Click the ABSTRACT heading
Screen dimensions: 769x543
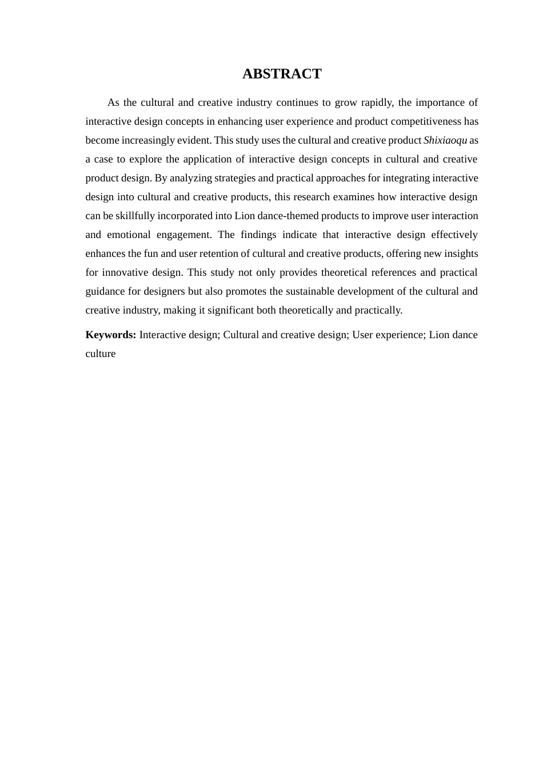[282, 74]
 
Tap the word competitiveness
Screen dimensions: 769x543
[426, 121]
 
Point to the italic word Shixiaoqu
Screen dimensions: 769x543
[445, 140]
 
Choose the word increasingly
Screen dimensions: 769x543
[148, 140]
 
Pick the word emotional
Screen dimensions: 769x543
[129, 235]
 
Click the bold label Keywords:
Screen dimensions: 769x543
[111, 335]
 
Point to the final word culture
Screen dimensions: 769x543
[101, 354]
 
